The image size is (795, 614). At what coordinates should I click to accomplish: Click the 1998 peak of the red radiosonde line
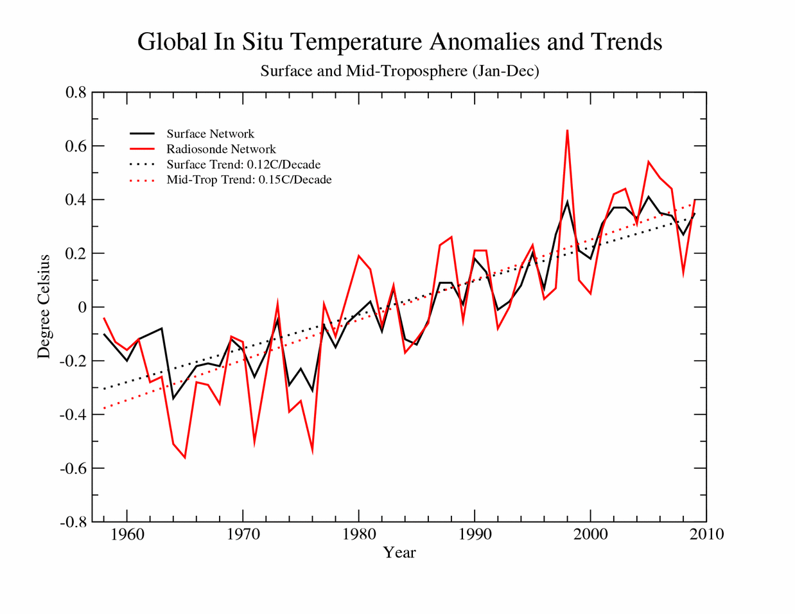(x=567, y=130)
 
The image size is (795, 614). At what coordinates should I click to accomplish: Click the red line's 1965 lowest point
(x=185, y=457)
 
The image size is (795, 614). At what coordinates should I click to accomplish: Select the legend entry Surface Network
(x=210, y=134)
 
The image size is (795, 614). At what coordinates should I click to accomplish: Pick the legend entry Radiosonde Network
(x=221, y=149)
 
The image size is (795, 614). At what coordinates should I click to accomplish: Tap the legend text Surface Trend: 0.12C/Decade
(x=243, y=164)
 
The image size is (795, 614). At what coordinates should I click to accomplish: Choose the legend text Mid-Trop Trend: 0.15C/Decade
(x=249, y=180)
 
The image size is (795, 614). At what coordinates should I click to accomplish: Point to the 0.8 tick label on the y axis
(x=76, y=92)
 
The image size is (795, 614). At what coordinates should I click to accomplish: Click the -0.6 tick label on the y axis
(x=73, y=468)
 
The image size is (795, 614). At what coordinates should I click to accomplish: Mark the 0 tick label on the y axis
(x=82, y=307)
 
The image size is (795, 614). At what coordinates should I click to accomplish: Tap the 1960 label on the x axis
(x=127, y=534)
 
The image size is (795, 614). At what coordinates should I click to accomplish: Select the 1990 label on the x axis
(x=475, y=534)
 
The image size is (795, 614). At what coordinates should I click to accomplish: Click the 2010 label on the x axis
(x=706, y=534)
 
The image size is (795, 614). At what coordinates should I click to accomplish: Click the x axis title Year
(x=399, y=552)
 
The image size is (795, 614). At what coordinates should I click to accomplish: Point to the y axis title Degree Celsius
(x=44, y=306)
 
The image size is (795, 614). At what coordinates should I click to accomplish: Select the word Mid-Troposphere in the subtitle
(x=406, y=71)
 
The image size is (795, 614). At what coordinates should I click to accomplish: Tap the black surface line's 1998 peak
(x=567, y=202)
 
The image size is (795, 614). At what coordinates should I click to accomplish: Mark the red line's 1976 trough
(x=313, y=450)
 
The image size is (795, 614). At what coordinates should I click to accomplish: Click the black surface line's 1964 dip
(x=173, y=398)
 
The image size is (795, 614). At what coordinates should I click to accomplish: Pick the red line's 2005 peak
(x=649, y=162)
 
